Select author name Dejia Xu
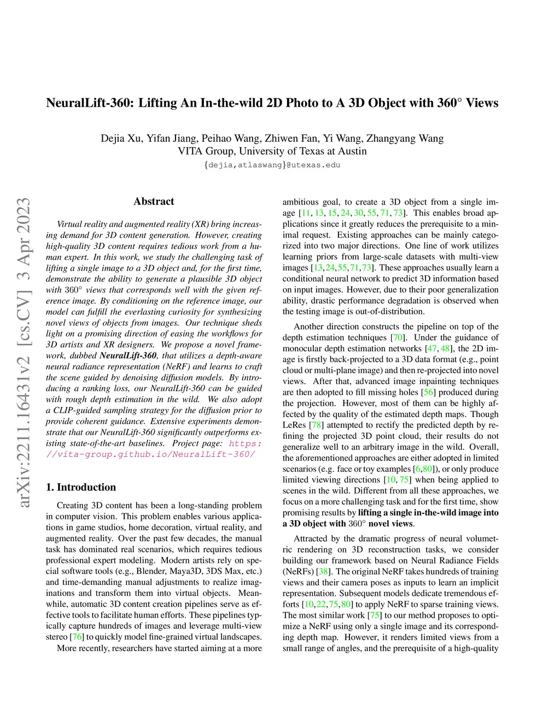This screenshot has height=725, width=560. click(x=120, y=138)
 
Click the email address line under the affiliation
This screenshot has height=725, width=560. click(x=272, y=165)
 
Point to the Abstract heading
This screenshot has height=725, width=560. click(x=154, y=201)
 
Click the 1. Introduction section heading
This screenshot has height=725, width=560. click(x=81, y=487)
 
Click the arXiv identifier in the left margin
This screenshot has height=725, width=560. click(x=24, y=353)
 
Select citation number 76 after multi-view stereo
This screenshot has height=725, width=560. click(x=78, y=637)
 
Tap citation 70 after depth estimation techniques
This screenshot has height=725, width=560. click(x=398, y=338)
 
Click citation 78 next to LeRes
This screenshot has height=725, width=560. click(x=316, y=425)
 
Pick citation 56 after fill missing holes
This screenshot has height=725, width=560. click(x=428, y=392)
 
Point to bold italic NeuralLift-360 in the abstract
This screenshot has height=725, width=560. click(x=129, y=356)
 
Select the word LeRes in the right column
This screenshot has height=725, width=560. click(x=294, y=425)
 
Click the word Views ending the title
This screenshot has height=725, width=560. click(x=482, y=103)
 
